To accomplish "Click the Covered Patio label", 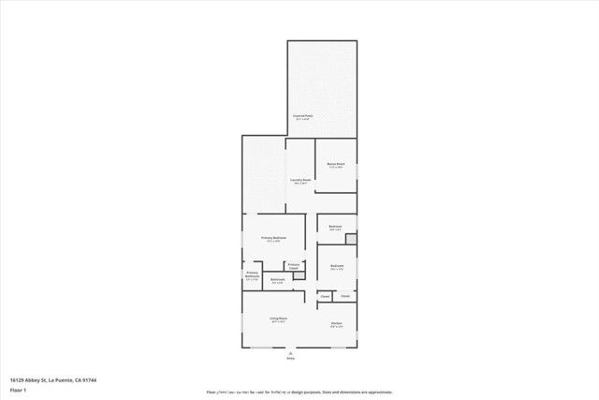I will (304, 117).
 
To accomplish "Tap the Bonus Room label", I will (336, 165).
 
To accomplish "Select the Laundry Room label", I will (299, 181).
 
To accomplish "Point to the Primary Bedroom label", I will (272, 240).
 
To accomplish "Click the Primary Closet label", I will (294, 266).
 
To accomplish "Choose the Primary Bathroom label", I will (252, 275).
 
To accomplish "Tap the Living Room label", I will (279, 319).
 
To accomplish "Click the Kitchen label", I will (336, 324).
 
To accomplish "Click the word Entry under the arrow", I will (290, 358).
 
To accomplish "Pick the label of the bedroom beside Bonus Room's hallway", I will (335, 227).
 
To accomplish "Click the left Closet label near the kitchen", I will (325, 297).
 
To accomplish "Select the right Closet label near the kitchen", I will (345, 297).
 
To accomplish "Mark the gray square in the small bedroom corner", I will (351, 240).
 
